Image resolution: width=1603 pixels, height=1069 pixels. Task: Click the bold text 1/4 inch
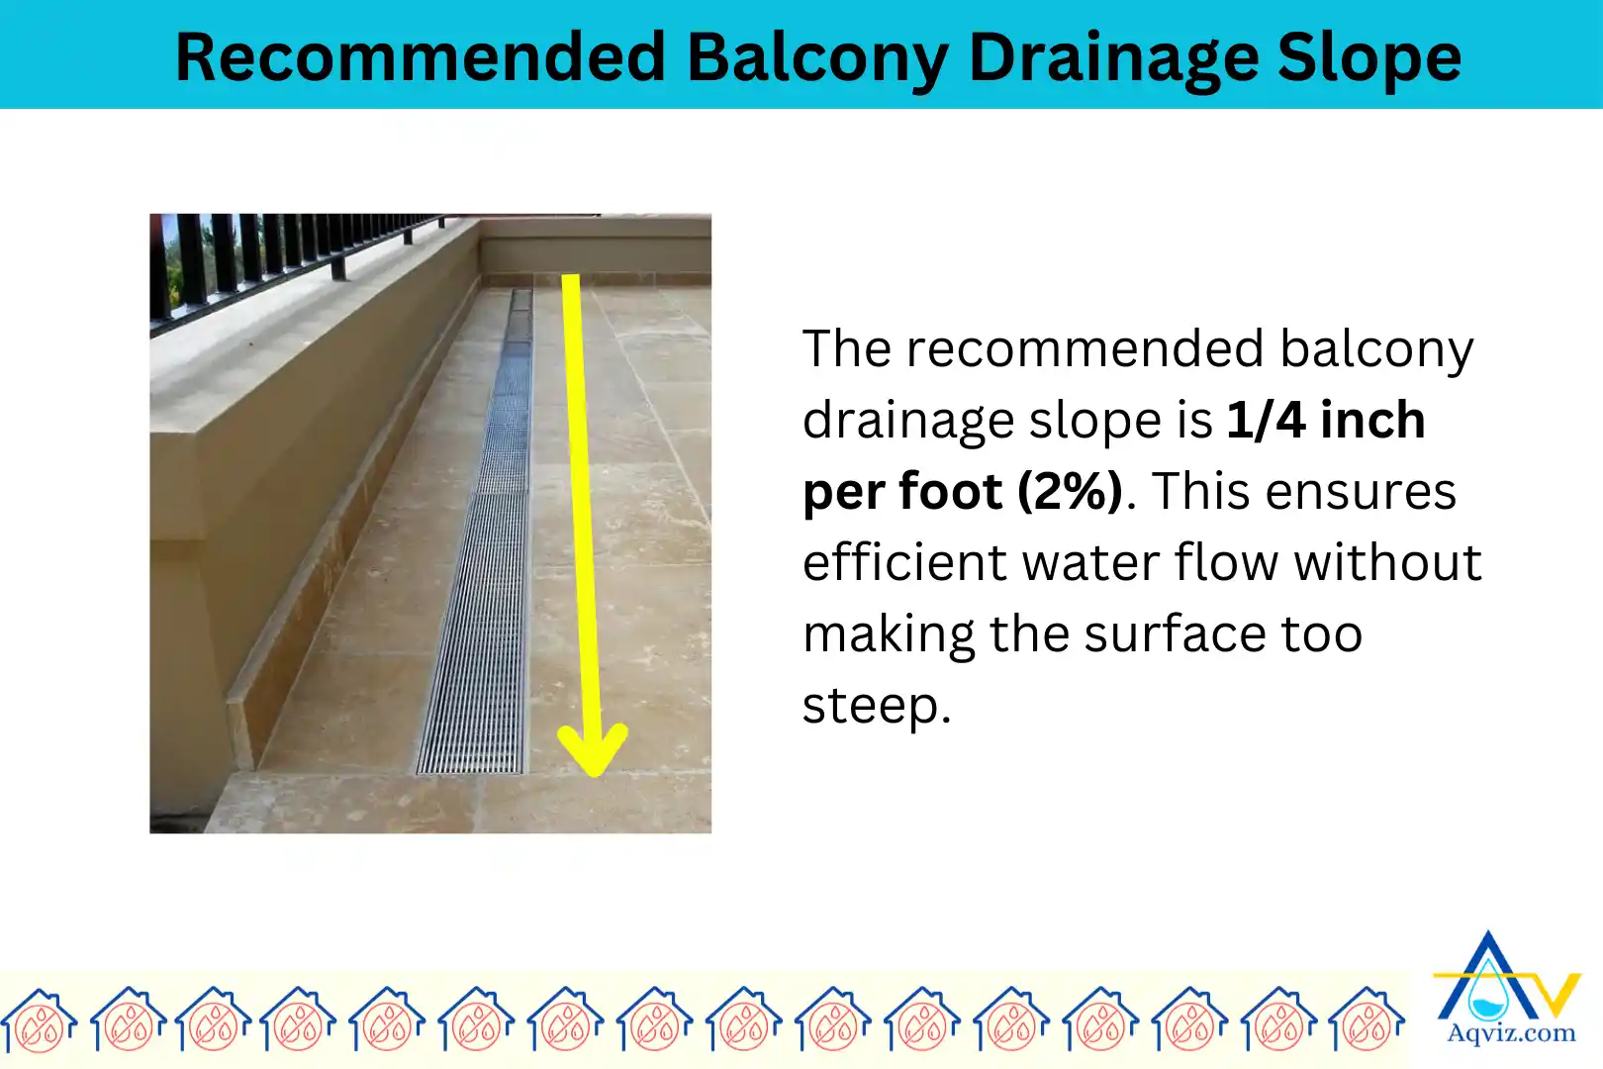1326,421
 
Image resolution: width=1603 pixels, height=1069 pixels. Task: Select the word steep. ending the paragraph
876,706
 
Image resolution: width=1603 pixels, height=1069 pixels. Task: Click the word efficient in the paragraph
903,563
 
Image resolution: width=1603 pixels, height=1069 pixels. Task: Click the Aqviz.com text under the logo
1511,1034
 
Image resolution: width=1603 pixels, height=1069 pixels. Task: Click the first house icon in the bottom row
40,1020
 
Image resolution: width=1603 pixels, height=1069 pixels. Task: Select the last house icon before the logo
1367,1020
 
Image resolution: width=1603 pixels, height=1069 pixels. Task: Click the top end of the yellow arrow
571,282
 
